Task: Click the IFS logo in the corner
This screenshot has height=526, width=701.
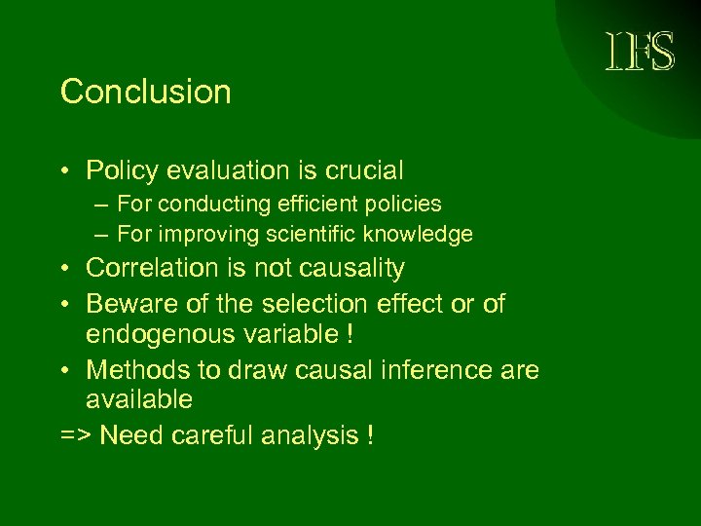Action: [x=639, y=51]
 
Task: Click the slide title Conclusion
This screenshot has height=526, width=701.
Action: [x=146, y=93]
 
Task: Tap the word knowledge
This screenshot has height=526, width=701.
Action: [x=418, y=234]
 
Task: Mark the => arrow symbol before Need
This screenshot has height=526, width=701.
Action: [x=76, y=435]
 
